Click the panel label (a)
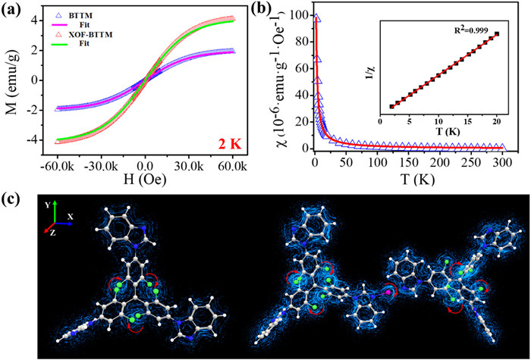[17, 10]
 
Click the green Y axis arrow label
[47, 205]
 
